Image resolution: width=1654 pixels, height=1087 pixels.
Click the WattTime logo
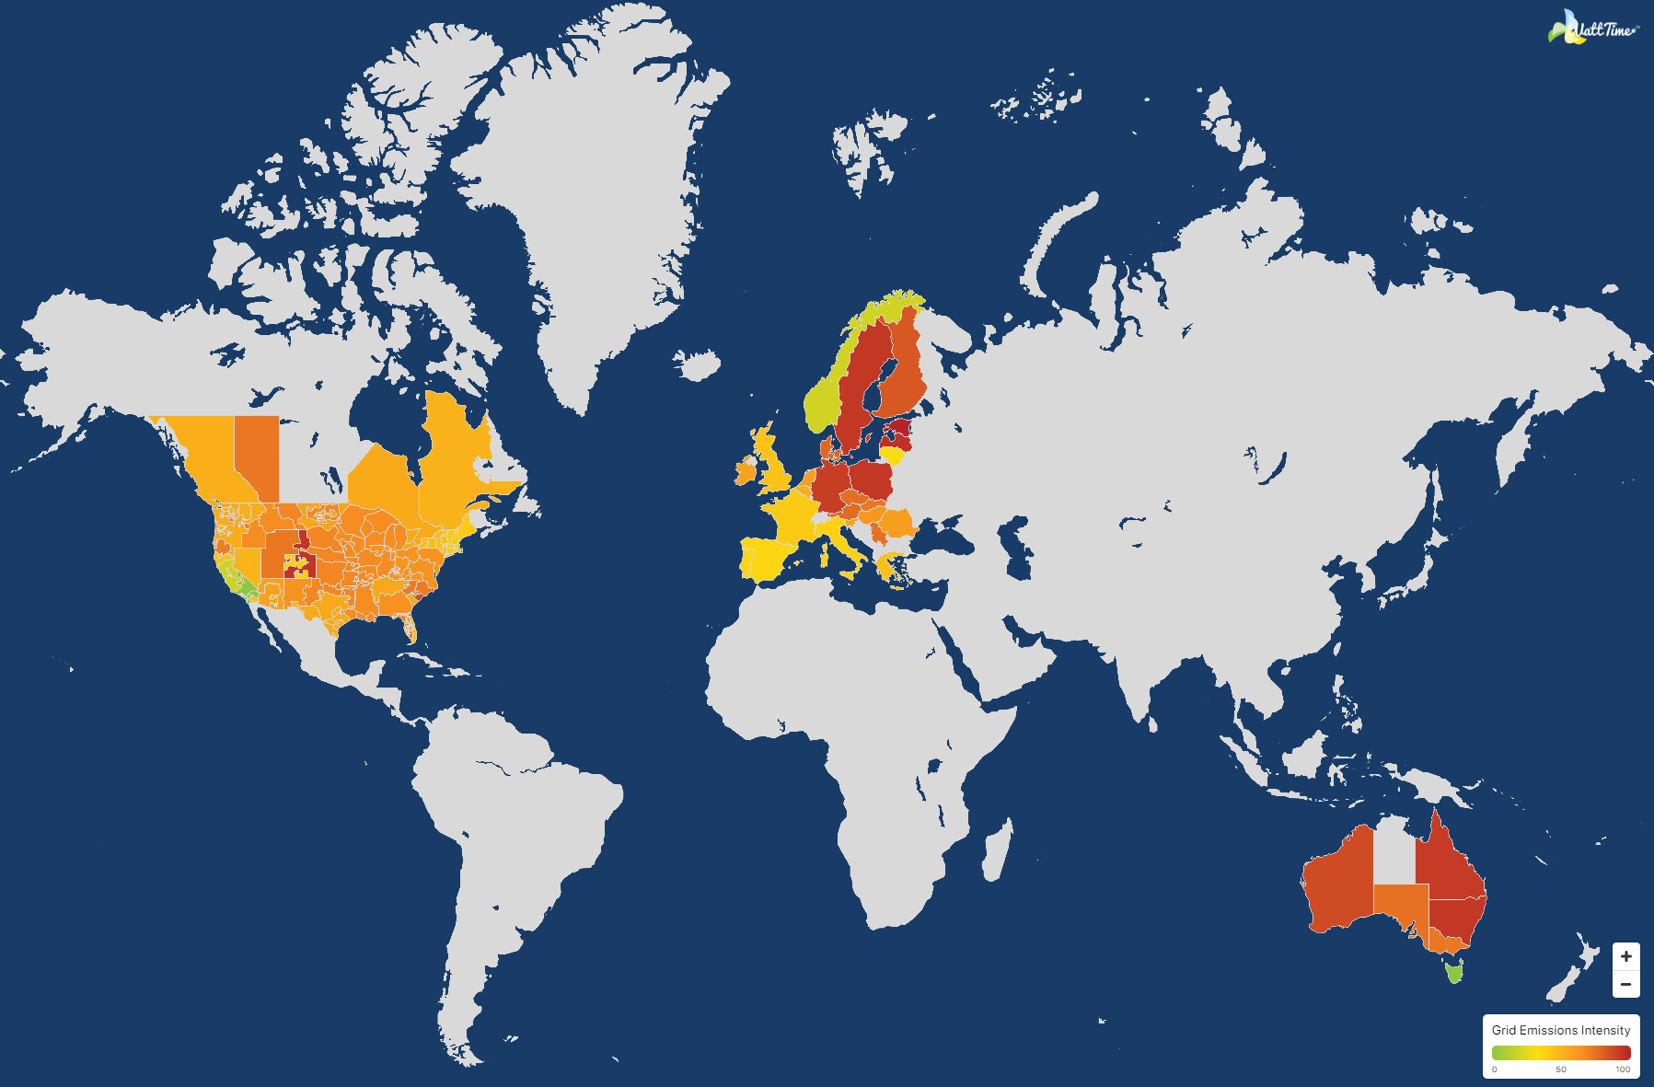(x=1592, y=29)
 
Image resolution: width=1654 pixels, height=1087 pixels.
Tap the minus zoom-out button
(x=1625, y=984)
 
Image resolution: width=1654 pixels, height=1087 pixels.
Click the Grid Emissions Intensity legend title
(x=1560, y=1030)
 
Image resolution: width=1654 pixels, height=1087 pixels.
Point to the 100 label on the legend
(x=1623, y=1070)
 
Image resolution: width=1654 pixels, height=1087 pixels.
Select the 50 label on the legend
(x=1561, y=1070)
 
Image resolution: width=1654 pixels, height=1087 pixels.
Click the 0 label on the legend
(x=1494, y=1070)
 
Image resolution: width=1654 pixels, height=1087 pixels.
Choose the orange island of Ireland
(x=745, y=472)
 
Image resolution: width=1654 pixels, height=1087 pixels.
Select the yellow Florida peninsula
(x=410, y=630)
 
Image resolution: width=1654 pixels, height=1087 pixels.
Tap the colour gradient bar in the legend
(x=1560, y=1052)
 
